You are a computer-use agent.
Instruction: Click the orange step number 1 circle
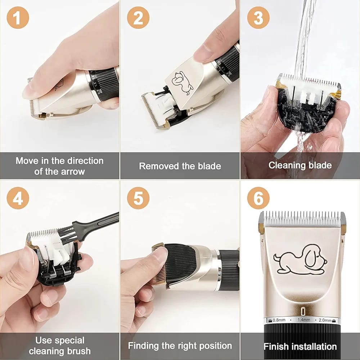click(18, 18)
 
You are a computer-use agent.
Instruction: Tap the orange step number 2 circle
click(138, 18)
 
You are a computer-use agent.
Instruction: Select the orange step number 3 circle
click(258, 18)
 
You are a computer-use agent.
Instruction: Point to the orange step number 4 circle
click(18, 198)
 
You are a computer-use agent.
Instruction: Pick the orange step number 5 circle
click(138, 198)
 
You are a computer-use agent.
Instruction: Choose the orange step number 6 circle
click(258, 198)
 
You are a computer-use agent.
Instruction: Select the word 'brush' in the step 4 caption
click(78, 351)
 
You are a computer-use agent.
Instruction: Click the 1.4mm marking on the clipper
click(303, 320)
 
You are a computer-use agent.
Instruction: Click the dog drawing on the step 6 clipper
click(300, 260)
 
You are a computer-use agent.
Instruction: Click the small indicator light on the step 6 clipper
click(303, 311)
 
